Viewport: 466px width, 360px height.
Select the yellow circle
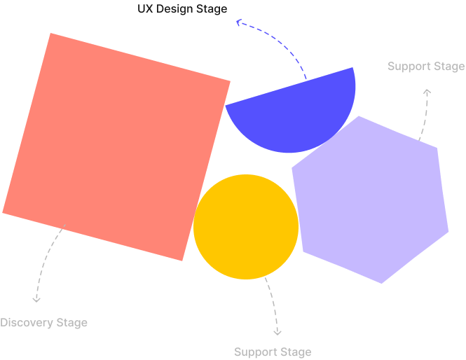(246, 227)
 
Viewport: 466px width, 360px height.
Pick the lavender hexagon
(371, 200)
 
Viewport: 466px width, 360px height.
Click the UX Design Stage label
(182, 9)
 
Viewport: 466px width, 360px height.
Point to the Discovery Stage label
(43, 323)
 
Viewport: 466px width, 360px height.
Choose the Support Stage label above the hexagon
(426, 67)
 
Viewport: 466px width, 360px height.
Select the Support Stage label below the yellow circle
(273, 352)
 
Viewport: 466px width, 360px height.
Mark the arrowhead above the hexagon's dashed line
(427, 92)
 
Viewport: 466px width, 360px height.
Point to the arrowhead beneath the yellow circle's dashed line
(277, 331)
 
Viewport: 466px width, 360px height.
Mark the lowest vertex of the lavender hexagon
(382, 283)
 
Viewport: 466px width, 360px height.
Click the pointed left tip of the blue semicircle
(226, 106)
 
